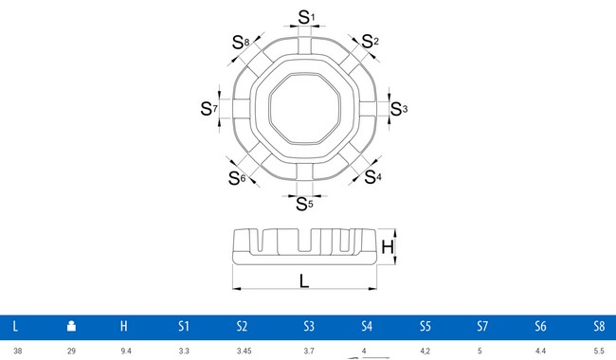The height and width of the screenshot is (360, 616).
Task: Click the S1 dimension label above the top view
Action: (x=303, y=16)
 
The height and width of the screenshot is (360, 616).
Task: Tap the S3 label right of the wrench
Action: (x=399, y=109)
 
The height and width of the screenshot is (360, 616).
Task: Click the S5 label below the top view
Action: (x=304, y=203)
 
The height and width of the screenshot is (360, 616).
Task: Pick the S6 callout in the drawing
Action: (x=237, y=177)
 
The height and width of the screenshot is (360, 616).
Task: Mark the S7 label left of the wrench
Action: (x=209, y=109)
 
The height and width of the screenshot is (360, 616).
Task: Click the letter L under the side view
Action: (x=303, y=281)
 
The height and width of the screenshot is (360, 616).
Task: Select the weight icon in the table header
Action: (x=70, y=327)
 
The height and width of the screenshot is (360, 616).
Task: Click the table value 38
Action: (x=15, y=351)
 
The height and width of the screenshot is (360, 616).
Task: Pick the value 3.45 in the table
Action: (x=243, y=351)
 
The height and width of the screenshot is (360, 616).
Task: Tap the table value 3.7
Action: (x=309, y=351)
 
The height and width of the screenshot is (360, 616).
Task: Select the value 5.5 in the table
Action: (x=598, y=351)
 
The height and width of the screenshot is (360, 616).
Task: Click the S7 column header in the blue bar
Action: (x=483, y=327)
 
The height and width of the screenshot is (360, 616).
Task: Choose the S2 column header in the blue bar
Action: (x=243, y=327)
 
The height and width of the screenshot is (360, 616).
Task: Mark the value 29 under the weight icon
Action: (x=70, y=351)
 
